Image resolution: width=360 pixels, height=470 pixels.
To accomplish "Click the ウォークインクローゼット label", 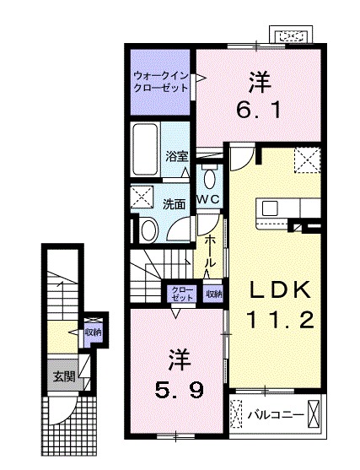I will coord(161,82).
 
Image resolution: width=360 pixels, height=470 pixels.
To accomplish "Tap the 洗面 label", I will coord(175,203).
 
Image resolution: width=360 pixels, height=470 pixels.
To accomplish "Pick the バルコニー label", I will coord(274,415).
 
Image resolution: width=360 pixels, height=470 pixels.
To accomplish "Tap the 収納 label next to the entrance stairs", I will coord(92,332).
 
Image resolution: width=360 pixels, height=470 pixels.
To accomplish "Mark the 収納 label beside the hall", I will coord(213,294).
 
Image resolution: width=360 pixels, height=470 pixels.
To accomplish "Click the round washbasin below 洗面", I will coord(148,229).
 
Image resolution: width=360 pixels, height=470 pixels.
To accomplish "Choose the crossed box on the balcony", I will coord(314,414).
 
